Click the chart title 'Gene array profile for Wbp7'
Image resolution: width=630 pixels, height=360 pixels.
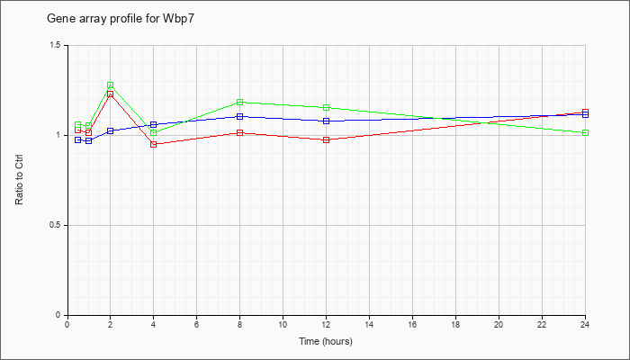[121, 19]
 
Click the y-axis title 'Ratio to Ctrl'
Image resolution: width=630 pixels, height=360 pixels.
[19, 180]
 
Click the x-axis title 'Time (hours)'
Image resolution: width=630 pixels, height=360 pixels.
[326, 341]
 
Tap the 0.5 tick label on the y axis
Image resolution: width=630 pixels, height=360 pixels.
[56, 225]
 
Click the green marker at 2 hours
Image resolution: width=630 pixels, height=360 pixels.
[110, 85]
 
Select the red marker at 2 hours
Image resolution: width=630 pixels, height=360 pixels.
[110, 94]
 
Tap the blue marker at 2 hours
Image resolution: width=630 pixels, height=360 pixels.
[110, 131]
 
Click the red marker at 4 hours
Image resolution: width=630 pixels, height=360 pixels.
[154, 144]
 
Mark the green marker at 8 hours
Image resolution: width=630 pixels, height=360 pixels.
[240, 102]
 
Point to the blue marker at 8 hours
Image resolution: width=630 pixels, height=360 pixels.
[240, 116]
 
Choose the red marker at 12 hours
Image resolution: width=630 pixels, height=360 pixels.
[326, 139]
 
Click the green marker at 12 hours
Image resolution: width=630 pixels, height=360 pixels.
[326, 108]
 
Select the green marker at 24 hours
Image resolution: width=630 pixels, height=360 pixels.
[585, 132]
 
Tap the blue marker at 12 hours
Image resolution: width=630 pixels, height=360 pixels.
[326, 121]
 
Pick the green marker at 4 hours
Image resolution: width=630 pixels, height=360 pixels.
[154, 132]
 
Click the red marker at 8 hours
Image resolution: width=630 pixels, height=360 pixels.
[240, 132]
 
